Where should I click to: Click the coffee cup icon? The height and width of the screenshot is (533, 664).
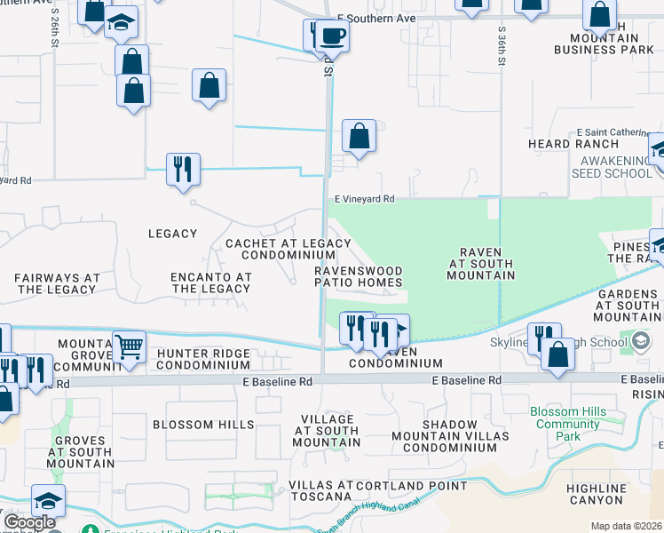(x=332, y=37)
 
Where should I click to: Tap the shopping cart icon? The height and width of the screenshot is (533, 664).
(x=129, y=346)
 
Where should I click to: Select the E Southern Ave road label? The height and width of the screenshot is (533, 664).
(x=378, y=18)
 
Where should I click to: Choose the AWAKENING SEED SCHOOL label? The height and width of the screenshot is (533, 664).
(x=616, y=167)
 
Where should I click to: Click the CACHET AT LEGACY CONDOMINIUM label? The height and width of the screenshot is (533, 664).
(x=276, y=249)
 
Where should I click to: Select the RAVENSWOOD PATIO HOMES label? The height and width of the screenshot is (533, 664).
(x=359, y=276)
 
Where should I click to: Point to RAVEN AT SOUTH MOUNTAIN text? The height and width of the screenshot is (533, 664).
(x=482, y=264)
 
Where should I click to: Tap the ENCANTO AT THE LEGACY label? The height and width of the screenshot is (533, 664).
(x=211, y=282)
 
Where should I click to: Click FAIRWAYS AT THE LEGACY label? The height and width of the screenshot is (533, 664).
(x=57, y=283)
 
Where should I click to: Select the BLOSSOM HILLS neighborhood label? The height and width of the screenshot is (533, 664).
(x=203, y=425)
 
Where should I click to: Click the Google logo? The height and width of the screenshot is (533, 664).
(x=28, y=522)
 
